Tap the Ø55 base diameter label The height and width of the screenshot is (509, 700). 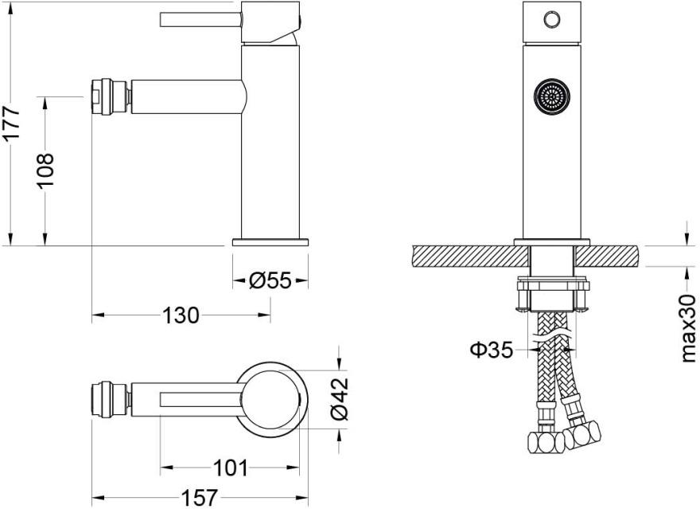click(270, 280)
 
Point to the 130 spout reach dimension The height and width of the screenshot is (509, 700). click(181, 315)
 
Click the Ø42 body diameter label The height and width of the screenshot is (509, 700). click(340, 397)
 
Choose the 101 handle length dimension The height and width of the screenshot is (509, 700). click(231, 468)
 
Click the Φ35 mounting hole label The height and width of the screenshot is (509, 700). click(490, 349)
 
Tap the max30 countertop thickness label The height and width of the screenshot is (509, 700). click(688, 327)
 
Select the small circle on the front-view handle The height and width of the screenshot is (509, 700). click(550, 19)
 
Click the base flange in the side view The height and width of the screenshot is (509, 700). click(270, 241)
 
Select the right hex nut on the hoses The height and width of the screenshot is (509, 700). click(585, 435)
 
